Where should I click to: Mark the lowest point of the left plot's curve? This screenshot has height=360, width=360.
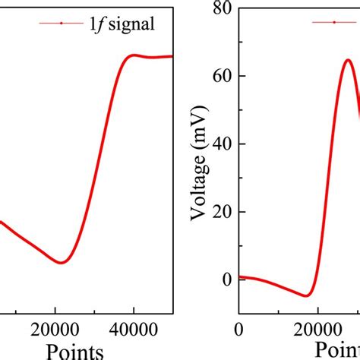(x=62, y=263)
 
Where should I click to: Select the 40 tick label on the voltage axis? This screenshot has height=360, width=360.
(x=223, y=144)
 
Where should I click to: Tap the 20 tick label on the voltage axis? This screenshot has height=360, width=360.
(x=223, y=212)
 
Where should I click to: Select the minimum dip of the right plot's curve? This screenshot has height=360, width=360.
(x=305, y=295)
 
